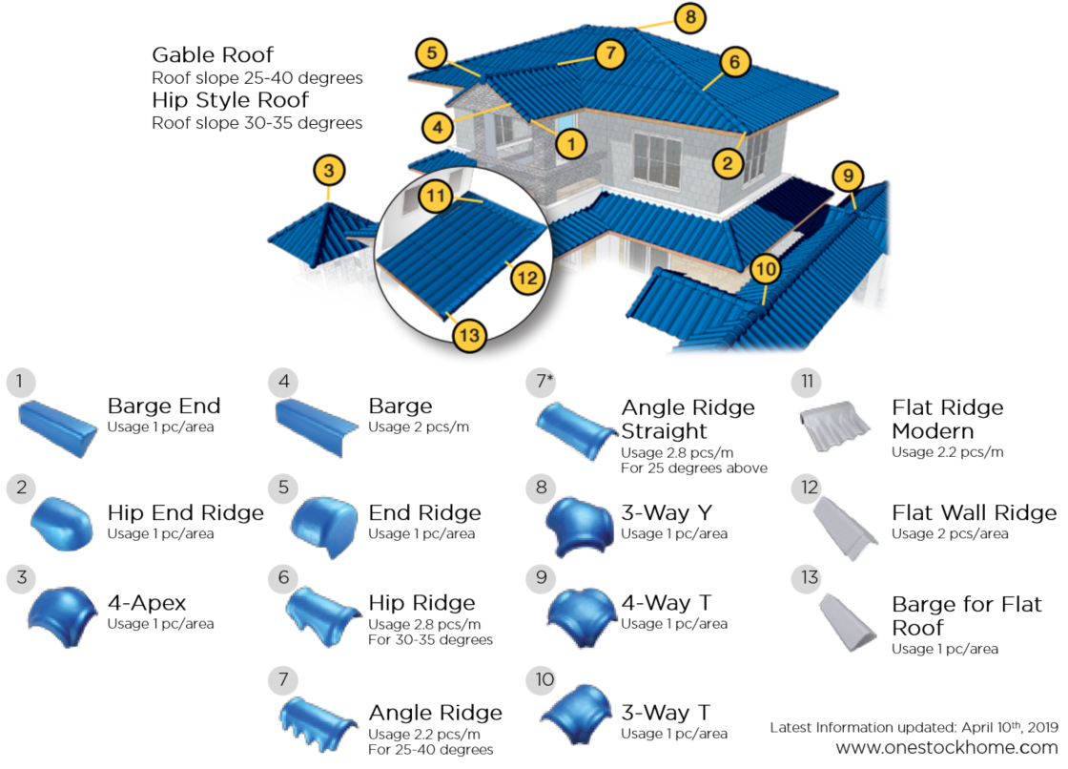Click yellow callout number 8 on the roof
[x=689, y=17]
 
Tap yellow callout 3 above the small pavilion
[x=328, y=172]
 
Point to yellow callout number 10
[x=765, y=270]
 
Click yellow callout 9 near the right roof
[x=848, y=177]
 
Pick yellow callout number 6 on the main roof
[x=731, y=63]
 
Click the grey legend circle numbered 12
[x=810, y=488]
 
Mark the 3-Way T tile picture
[x=575, y=717]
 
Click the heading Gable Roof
[x=213, y=54]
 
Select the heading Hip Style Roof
[x=230, y=100]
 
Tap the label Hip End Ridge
[x=185, y=512]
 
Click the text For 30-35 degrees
[x=430, y=639]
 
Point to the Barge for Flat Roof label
[x=966, y=615]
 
